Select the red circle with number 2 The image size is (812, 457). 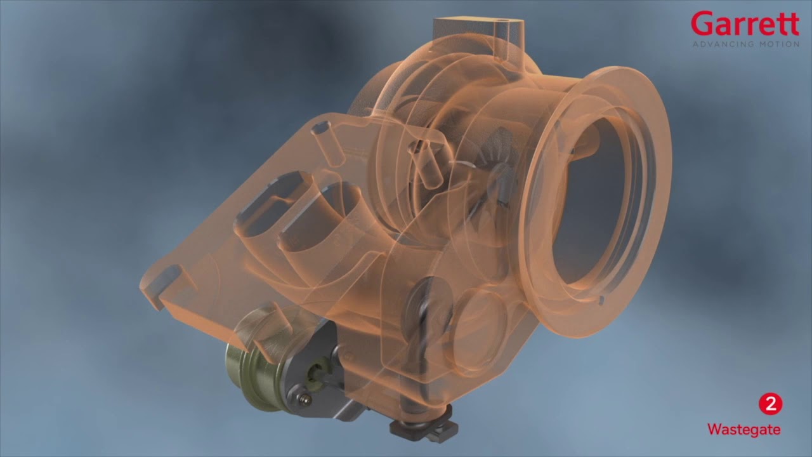tap(770, 404)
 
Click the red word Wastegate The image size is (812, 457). tap(744, 430)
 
